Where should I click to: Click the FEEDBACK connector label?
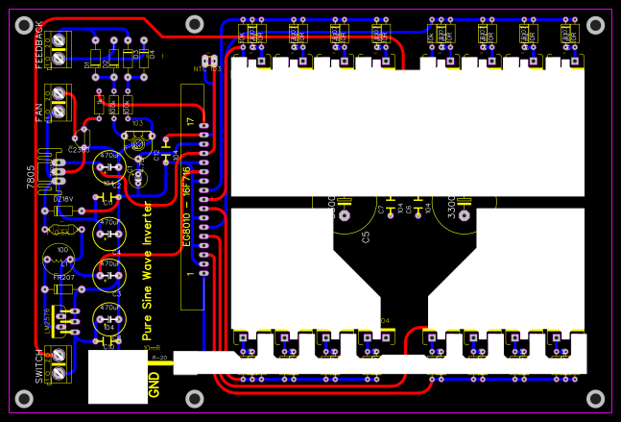point(39,44)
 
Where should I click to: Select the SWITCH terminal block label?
point(39,366)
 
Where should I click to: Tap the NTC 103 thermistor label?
point(206,68)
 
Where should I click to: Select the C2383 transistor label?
point(79,150)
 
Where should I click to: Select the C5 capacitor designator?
point(366,236)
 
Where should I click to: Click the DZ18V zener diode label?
point(63,199)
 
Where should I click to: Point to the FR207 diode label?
point(63,277)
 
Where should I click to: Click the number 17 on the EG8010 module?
point(190,122)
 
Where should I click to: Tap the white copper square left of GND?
point(117,377)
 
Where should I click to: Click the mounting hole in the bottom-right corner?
point(596,398)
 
